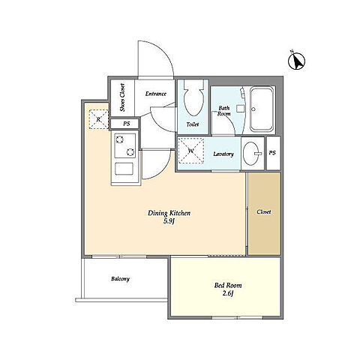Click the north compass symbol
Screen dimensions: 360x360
tap(296, 61)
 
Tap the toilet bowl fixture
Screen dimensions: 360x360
tap(193, 98)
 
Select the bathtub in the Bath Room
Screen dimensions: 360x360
tap(262, 109)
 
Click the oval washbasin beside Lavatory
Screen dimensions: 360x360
tap(251, 154)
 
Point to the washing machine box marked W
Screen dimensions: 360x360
tap(191, 151)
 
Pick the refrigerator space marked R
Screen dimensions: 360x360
tap(99, 119)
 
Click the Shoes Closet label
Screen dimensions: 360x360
tap(122, 97)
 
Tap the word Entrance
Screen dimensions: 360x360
tap(156, 94)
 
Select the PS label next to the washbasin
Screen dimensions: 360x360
tap(272, 153)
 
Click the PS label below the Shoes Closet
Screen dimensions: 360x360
tap(127, 124)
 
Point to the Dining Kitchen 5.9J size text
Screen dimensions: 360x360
tap(169, 221)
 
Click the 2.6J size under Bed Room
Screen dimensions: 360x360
tap(228, 293)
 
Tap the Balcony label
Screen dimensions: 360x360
tap(120, 279)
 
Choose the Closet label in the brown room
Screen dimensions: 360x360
tap(264, 212)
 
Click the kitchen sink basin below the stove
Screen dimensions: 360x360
tap(124, 169)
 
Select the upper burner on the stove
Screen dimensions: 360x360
tap(119, 139)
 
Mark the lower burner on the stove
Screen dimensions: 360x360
tap(130, 151)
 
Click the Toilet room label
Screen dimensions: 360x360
tap(193, 124)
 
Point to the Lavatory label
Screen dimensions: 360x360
tap(223, 154)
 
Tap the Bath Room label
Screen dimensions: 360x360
tap(224, 111)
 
